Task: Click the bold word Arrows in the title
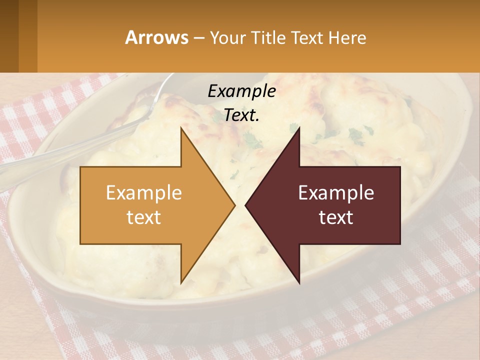coord(157,37)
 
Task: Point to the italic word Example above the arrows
coord(241,91)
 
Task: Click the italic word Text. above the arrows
coord(241,115)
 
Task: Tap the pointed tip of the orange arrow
coord(234,205)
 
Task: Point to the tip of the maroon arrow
coord(245,205)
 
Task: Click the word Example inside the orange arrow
coord(144,193)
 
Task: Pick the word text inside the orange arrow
coord(144,217)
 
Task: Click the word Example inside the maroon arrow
coord(336,193)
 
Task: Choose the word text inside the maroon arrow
coord(336,217)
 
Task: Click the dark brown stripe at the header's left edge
coord(9,36)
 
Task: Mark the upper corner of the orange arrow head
coord(181,128)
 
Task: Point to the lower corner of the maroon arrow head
coord(299,283)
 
